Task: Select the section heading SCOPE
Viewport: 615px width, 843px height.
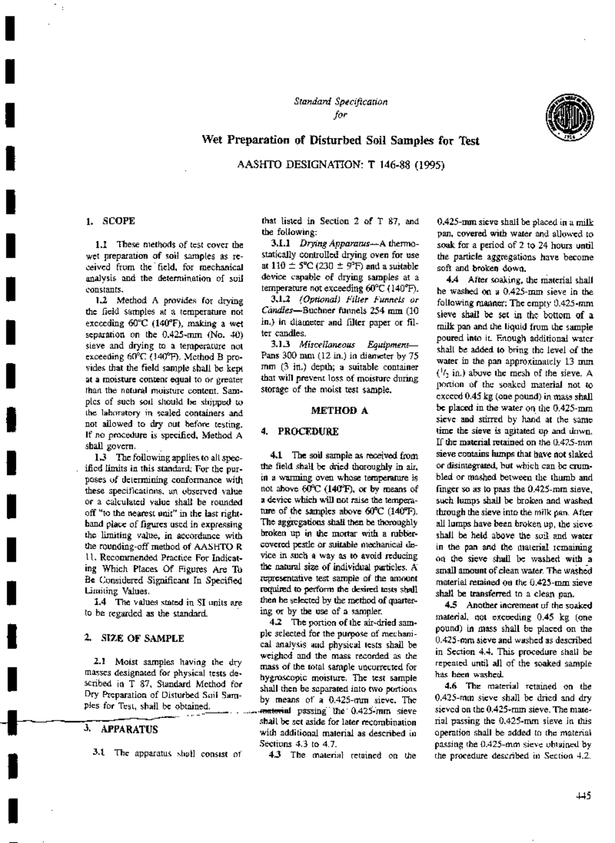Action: pyautogui.click(x=119, y=221)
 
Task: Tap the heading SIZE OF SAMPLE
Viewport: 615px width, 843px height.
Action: pyautogui.click(x=142, y=638)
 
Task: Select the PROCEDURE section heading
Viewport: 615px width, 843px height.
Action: pyautogui.click(x=308, y=431)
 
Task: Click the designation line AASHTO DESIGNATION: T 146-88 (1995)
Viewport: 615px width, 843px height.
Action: pyautogui.click(x=340, y=165)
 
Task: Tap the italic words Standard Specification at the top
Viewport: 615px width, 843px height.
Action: pyautogui.click(x=340, y=101)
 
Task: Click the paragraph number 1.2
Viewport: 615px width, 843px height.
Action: pyautogui.click(x=100, y=300)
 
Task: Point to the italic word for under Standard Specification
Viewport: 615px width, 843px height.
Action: pyautogui.click(x=340, y=114)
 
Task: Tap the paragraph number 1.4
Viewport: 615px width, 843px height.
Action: pyautogui.click(x=100, y=601)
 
